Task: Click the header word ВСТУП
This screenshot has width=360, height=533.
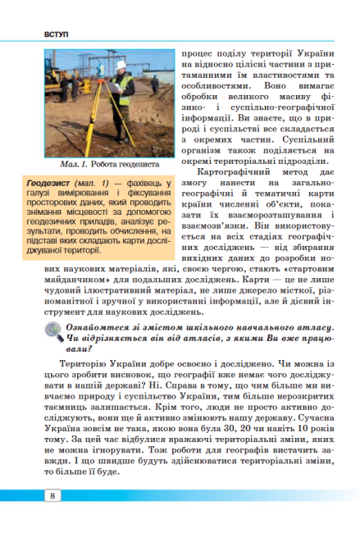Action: [x=36, y=36]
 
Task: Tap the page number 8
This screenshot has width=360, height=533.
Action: [x=52, y=494]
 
